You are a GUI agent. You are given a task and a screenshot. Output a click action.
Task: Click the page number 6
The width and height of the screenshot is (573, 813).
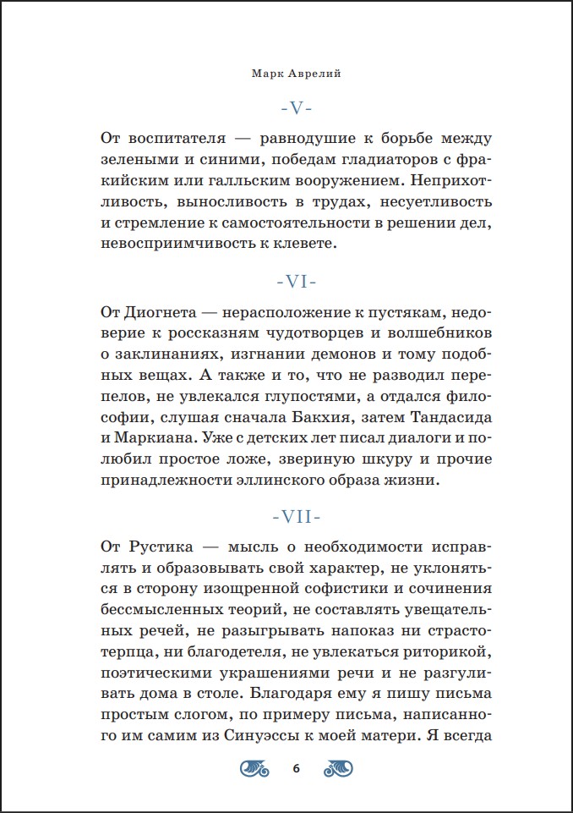coord(296,768)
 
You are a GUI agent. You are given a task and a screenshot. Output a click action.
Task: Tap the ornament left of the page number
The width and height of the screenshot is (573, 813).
coord(255,768)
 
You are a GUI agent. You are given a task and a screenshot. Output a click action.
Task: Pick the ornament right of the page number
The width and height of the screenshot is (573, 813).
coord(338,768)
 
